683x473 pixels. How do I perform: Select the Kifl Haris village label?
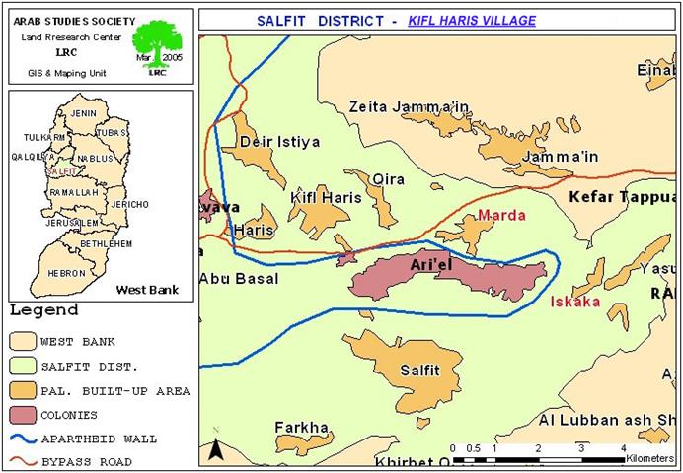coord(326,198)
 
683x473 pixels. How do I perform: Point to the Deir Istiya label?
coord(280,143)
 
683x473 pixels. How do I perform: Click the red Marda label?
coord(501,215)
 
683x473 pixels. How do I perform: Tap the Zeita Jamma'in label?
coord(409,106)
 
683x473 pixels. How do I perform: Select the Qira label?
coord(390,178)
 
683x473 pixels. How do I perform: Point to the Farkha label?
coord(301,427)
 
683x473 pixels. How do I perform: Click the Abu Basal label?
coord(239,279)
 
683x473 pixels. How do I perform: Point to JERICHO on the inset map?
coord(130,204)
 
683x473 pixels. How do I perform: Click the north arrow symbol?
coord(215,452)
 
